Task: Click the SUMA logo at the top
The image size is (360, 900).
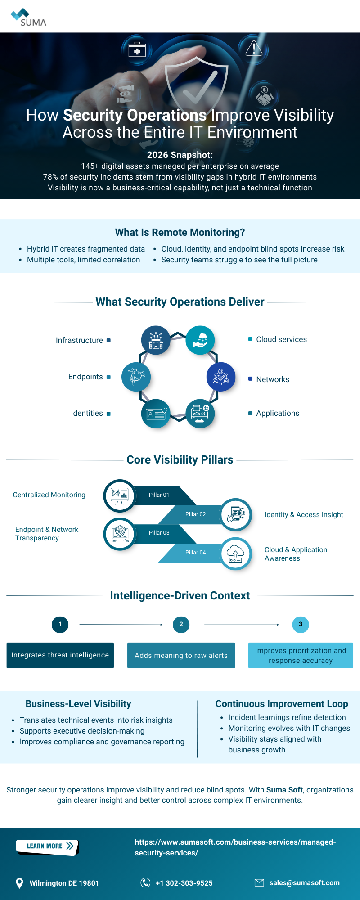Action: click(x=28, y=17)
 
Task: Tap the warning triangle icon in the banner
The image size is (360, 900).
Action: click(x=254, y=48)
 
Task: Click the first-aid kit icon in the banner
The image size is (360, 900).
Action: click(x=137, y=49)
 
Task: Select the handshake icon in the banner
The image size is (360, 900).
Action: click(x=264, y=96)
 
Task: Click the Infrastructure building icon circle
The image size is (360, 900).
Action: click(x=156, y=340)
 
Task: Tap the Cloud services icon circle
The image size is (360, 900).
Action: click(x=200, y=340)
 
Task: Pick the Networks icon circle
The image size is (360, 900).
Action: click(x=221, y=377)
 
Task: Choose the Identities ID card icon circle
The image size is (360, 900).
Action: click(x=156, y=414)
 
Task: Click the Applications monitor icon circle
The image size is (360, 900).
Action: click(x=200, y=414)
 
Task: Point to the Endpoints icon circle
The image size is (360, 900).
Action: click(x=136, y=377)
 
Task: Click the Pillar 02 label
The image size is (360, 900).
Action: click(x=196, y=514)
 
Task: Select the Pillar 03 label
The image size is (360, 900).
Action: click(x=159, y=533)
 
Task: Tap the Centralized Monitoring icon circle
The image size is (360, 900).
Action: click(x=120, y=496)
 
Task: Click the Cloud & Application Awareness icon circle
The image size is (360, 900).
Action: click(x=236, y=553)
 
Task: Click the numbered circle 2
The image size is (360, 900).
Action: click(x=181, y=624)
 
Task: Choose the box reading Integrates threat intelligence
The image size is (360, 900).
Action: click(x=60, y=655)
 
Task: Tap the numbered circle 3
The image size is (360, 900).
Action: click(x=301, y=624)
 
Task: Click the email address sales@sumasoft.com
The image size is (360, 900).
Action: click(x=304, y=882)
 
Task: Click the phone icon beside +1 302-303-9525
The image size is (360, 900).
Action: click(x=145, y=882)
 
